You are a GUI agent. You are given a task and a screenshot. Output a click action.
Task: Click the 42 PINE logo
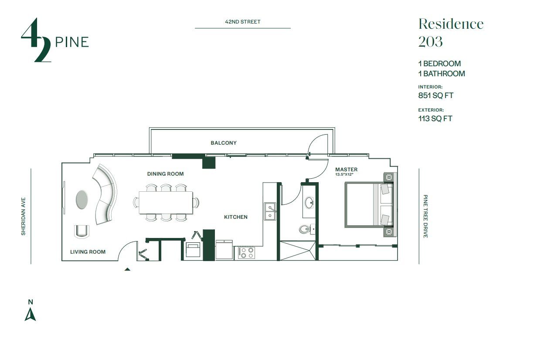[x=54, y=40]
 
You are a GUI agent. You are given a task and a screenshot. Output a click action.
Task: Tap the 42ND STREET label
[x=242, y=22]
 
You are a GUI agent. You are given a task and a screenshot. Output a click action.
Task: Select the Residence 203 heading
[x=450, y=32]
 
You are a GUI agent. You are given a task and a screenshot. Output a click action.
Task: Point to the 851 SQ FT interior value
[x=436, y=95]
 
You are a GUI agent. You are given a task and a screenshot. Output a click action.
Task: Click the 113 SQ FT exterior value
[x=435, y=119]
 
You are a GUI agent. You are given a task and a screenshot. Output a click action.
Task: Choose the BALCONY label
[x=224, y=143]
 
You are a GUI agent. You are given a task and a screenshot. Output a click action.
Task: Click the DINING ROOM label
[x=165, y=174]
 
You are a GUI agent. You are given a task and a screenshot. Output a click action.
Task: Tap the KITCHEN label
[x=236, y=217]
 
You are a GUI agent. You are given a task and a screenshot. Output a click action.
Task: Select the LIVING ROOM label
[x=88, y=251]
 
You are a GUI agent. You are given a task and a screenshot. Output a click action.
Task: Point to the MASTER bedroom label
[x=346, y=170]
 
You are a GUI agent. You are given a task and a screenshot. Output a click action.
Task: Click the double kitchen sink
[x=270, y=211]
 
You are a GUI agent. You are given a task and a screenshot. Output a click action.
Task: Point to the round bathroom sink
[x=310, y=203]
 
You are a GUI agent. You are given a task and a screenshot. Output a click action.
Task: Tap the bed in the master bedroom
[x=368, y=205]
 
